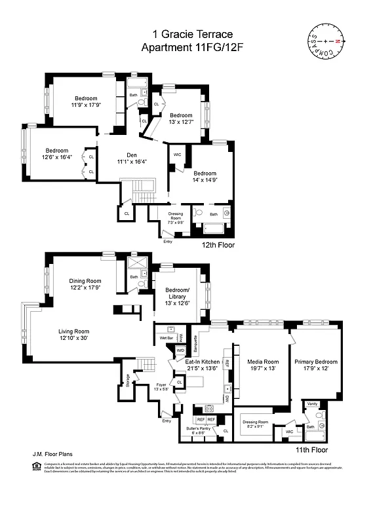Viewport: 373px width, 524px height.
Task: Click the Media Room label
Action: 262,365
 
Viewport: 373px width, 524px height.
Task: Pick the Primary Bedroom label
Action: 315,365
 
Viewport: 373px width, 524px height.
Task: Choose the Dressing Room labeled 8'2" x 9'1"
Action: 256,424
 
